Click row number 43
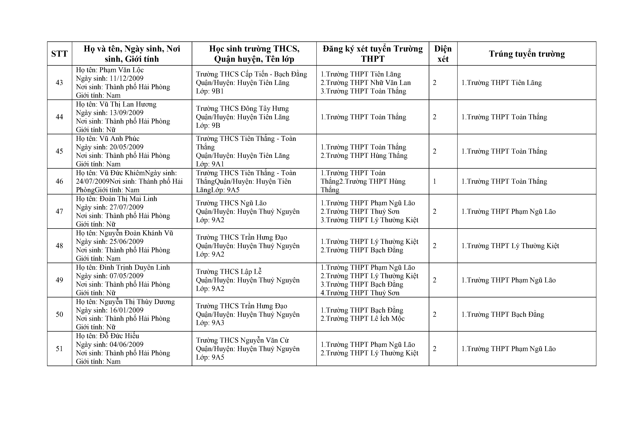[x=59, y=82]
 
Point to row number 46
[x=59, y=181]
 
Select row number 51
[x=59, y=349]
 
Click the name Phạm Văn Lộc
[x=121, y=70]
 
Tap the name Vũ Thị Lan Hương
[x=128, y=104]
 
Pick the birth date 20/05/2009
[x=126, y=147]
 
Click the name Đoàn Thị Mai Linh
[x=128, y=199]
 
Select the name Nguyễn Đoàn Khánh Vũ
[x=136, y=233]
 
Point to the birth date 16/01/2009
[x=126, y=310]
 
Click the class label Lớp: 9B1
[x=210, y=91]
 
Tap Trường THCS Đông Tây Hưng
[x=242, y=108]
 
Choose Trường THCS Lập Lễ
[x=229, y=272]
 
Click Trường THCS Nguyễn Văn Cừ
[x=242, y=340]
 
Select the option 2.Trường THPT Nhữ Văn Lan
[x=366, y=82]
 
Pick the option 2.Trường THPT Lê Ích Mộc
[x=362, y=319]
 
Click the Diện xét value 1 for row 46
[x=435, y=181]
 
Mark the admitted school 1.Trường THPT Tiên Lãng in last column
[x=502, y=82]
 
